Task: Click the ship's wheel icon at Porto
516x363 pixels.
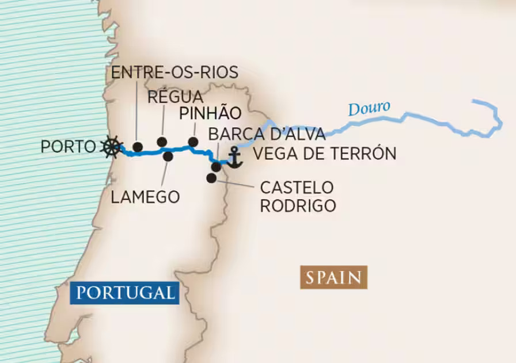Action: point(111,147)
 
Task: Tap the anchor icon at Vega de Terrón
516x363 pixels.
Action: point(234,157)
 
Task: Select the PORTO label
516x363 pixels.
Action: point(67,147)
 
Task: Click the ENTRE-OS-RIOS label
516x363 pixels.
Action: point(174,72)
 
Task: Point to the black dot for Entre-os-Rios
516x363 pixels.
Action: point(138,147)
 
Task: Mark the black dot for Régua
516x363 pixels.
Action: point(162,142)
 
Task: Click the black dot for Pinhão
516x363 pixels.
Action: point(193,142)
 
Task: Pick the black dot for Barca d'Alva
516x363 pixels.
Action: point(217,167)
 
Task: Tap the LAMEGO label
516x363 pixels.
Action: point(145,197)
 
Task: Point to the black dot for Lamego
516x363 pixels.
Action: point(168,156)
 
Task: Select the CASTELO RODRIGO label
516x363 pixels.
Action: point(297,197)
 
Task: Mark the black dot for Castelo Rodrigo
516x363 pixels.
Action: point(212,178)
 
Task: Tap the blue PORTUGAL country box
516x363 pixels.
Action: point(124,292)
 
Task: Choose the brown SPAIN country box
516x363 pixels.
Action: point(333,278)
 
